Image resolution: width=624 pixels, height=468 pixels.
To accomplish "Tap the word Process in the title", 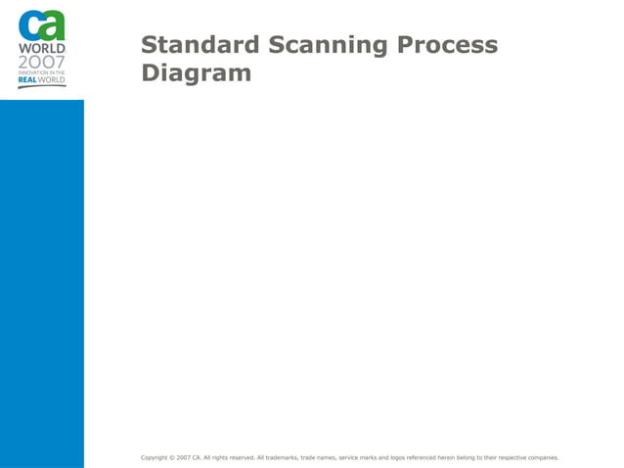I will click(x=442, y=45).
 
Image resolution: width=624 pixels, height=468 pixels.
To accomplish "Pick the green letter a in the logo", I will click(x=53, y=24).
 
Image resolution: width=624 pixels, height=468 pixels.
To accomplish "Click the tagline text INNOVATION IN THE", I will click(x=42, y=72).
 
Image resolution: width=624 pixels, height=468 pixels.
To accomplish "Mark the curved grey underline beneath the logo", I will click(x=42, y=87).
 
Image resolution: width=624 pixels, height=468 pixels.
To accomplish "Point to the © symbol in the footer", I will click(x=172, y=457).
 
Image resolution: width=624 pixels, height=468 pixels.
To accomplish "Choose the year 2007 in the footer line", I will click(x=184, y=457).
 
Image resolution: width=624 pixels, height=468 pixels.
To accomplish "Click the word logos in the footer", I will click(x=393, y=457).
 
